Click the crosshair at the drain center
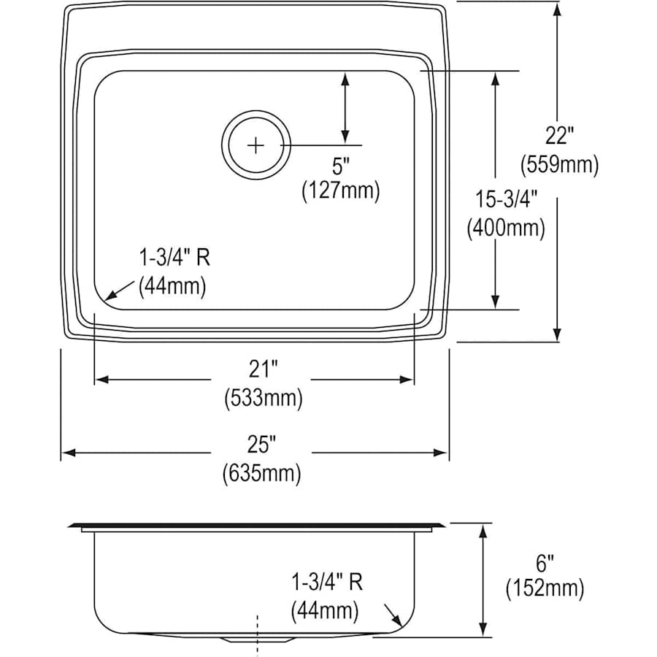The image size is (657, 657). pos(256,145)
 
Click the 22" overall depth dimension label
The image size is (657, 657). pos(559,136)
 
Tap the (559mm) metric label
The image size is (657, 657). pos(559,165)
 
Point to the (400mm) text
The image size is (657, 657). pos(506,228)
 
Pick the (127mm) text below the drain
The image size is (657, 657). pos(341,191)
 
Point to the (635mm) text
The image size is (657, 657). pos(261,474)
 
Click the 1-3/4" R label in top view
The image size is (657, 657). pos(169,257)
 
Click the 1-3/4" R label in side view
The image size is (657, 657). pos(326,582)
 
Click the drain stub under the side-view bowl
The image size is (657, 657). pos(257,639)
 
